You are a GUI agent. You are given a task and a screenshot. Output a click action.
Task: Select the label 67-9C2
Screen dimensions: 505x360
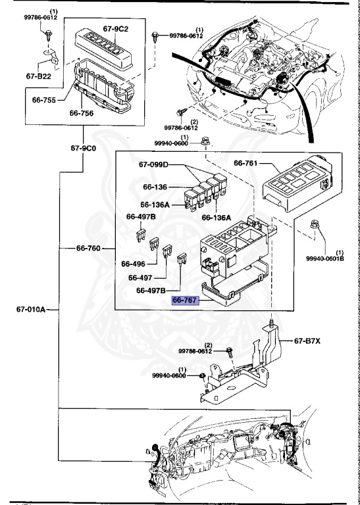point(116,30)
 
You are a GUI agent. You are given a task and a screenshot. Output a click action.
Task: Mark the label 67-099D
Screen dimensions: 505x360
point(153,164)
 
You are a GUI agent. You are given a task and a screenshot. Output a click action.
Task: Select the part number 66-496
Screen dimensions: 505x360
point(134,264)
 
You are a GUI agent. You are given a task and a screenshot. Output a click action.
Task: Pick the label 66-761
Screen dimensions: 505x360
point(247,163)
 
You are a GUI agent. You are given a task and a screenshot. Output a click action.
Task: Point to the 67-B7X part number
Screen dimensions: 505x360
point(307,341)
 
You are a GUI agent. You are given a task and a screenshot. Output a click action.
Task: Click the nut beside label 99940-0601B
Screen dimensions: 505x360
point(314,228)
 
